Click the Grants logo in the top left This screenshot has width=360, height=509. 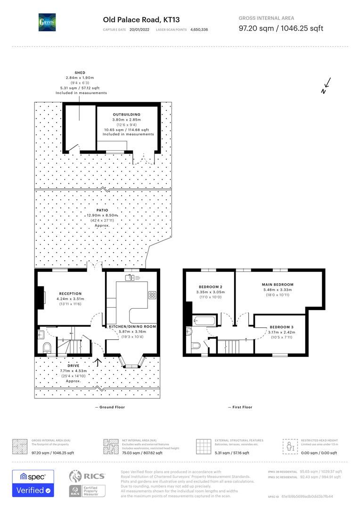coord(47,22)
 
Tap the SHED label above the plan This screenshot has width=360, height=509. coord(80,73)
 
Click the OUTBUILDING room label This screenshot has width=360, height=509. coord(126,115)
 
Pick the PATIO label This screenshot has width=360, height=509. coord(102,210)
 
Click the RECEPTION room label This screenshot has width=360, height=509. coord(70,294)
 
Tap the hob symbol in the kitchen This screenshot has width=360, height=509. coord(153,295)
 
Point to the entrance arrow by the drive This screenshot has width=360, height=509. coord(98,362)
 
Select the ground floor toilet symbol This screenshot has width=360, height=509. coord(46,348)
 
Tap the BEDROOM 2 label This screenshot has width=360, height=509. coord(211,287)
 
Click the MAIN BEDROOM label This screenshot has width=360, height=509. coord(278,285)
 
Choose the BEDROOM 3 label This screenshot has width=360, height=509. coord(281,327)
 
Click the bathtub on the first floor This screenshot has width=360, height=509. coord(204,321)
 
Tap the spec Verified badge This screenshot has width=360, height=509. coord(33,483)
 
